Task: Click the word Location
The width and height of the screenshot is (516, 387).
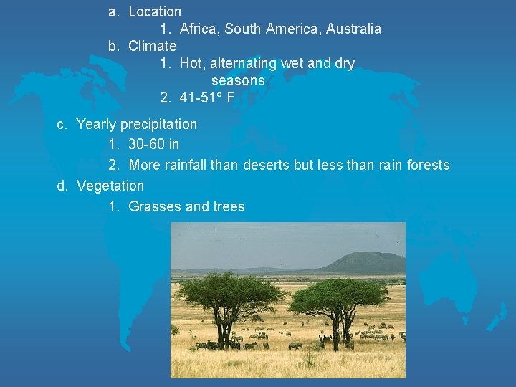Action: tap(155, 11)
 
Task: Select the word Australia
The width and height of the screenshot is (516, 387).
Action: tap(353, 29)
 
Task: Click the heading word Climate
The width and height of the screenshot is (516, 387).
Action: tap(152, 47)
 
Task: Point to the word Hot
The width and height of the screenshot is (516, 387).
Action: tap(191, 64)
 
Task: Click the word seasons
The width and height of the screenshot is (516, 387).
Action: tap(238, 81)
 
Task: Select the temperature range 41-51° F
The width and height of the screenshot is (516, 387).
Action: tap(207, 98)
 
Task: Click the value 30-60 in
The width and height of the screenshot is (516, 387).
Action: tap(154, 145)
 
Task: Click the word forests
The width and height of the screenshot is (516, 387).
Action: tap(428, 166)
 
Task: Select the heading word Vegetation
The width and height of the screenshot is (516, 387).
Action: tap(110, 186)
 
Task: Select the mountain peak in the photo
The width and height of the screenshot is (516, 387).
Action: tap(365, 257)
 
